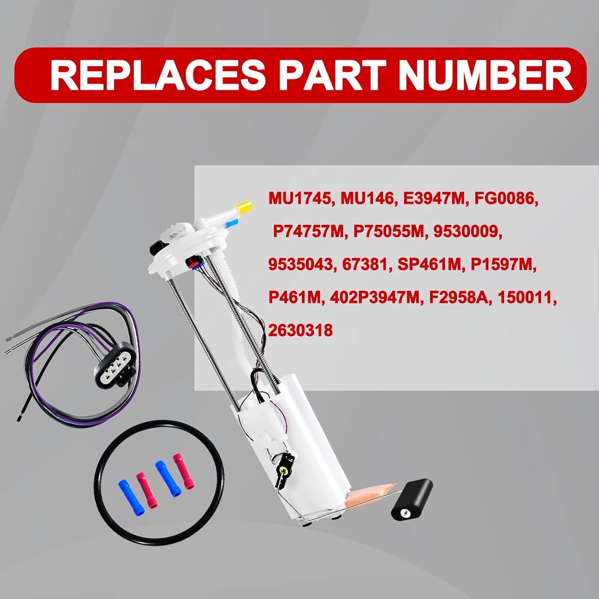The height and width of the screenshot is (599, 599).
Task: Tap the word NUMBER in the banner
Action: pos(485,75)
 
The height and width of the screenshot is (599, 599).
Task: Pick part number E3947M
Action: pos(434,198)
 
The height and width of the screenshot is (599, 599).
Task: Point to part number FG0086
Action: pos(506,198)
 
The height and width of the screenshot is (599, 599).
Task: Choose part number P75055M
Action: pos(388,231)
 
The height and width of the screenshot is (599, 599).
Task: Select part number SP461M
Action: pos(429,264)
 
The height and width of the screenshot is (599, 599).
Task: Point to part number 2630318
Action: pos(300,331)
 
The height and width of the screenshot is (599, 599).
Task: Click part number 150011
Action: pos(526,298)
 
